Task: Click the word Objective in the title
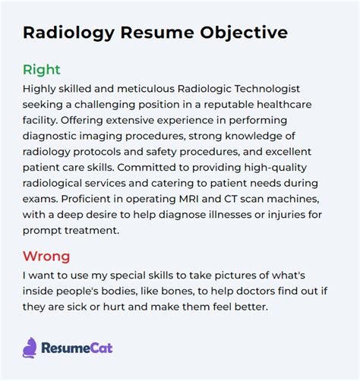point(244,33)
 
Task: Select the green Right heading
point(42,70)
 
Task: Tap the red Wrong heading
point(46,256)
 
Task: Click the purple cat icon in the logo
point(30,348)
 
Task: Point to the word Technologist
point(267,89)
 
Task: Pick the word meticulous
point(146,89)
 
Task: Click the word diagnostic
point(49,136)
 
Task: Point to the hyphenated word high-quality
point(276,168)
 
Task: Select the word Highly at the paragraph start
point(39,89)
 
